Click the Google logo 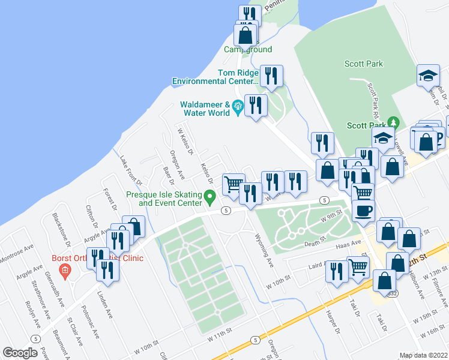point(20,353)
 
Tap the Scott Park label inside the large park point(364,64)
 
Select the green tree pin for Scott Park point(394,122)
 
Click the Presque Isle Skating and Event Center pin point(209,196)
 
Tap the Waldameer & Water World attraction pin point(238,106)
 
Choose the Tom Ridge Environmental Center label point(215,77)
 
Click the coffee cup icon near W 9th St point(363,211)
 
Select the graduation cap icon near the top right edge point(429,76)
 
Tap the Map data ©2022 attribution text point(423,355)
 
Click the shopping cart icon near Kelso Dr point(233,183)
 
